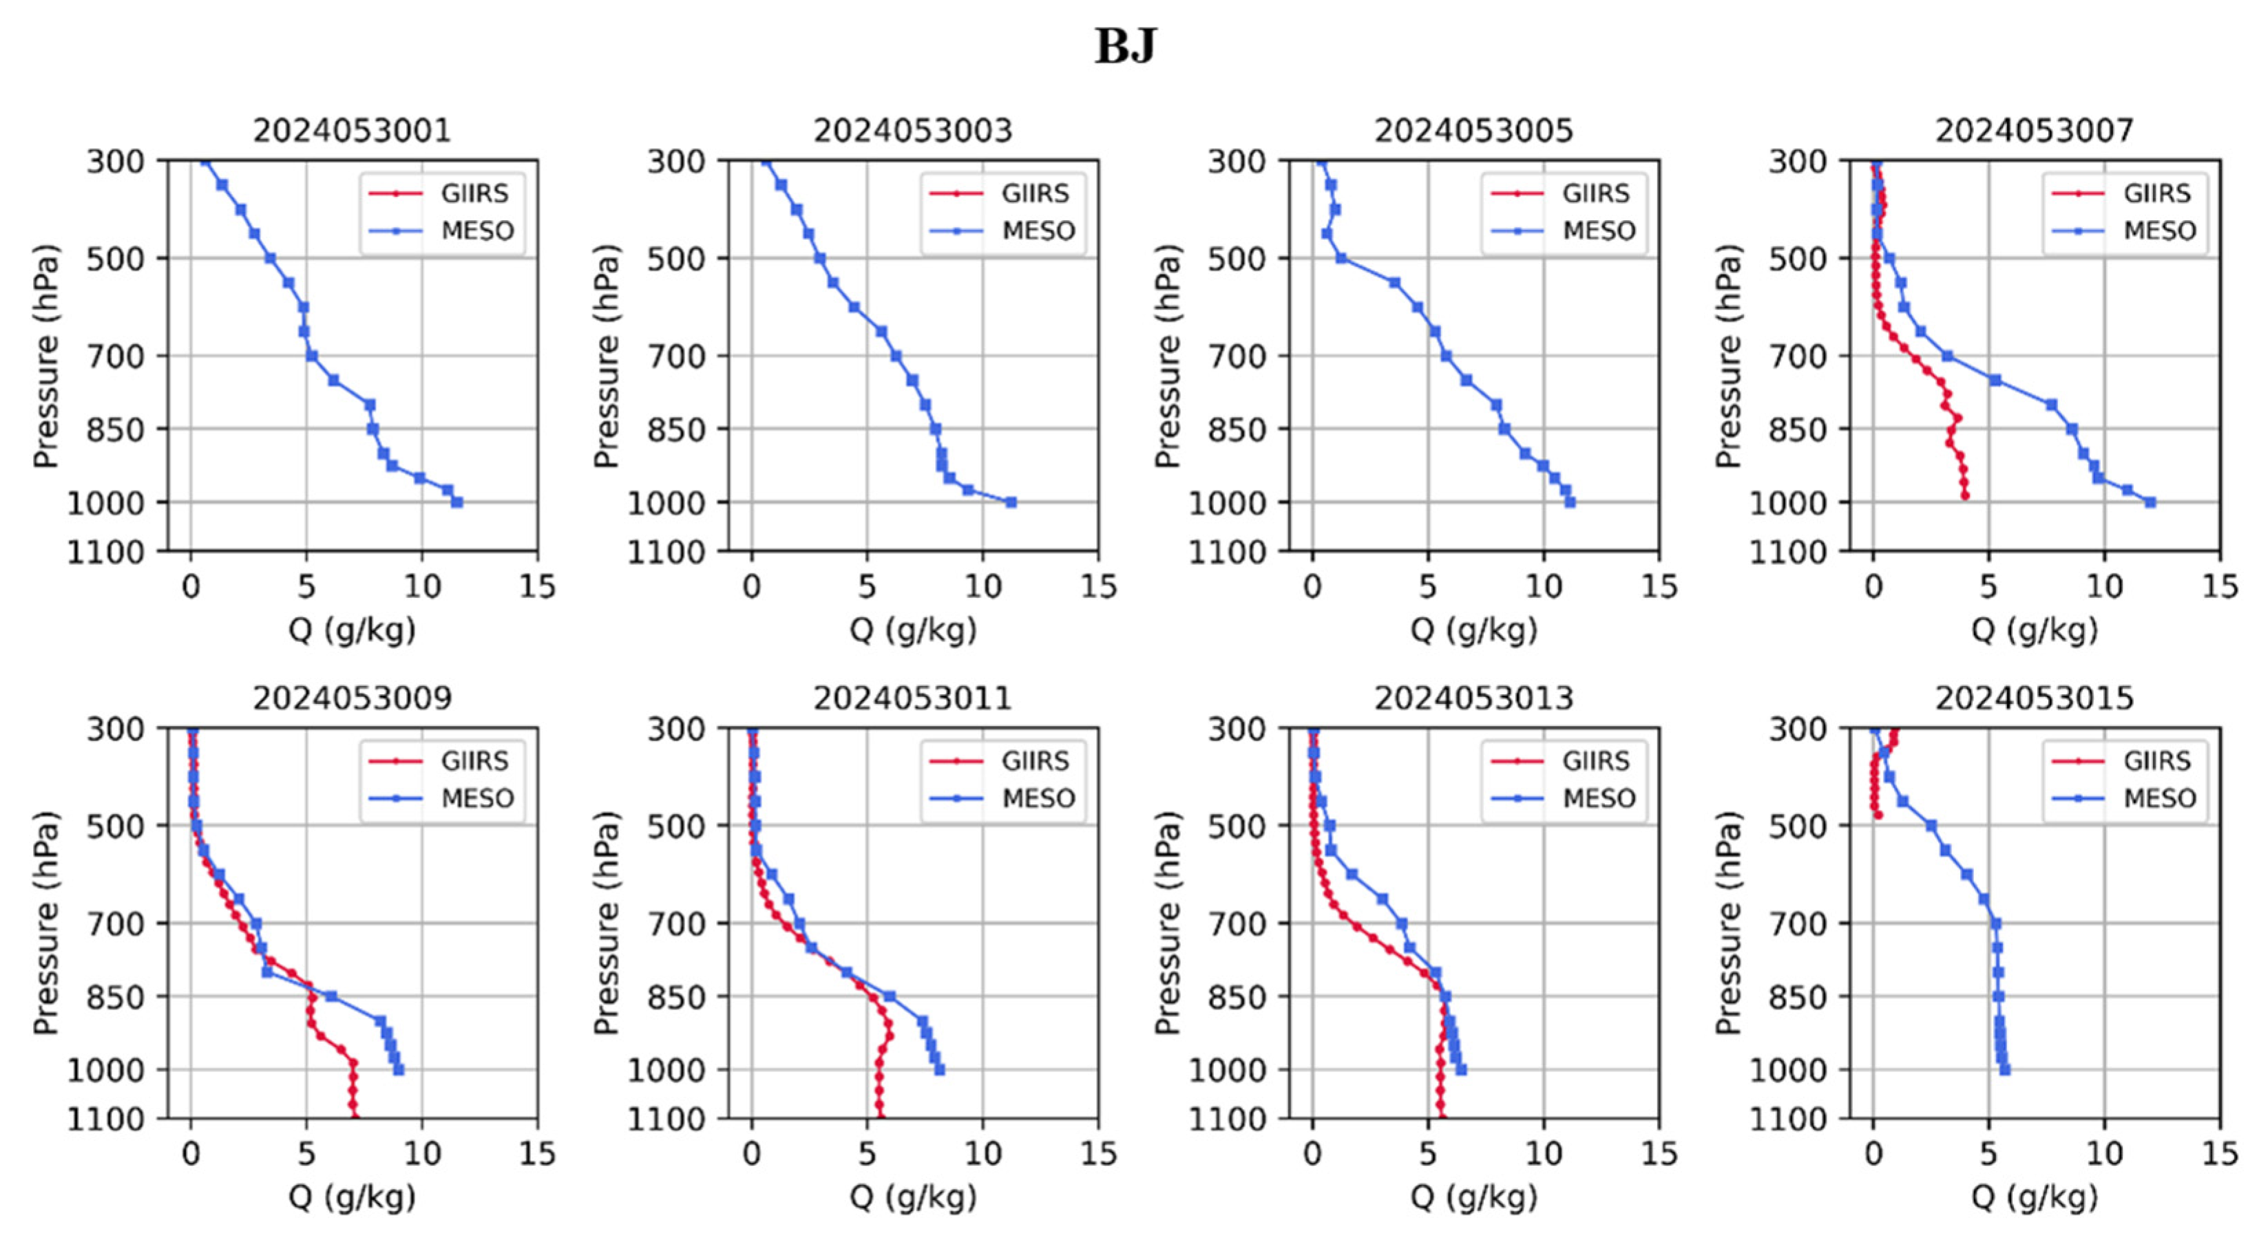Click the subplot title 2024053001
point(352,131)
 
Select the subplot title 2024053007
point(2034,131)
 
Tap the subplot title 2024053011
point(912,698)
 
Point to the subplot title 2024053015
point(2034,698)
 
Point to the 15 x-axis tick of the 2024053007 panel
point(2220,586)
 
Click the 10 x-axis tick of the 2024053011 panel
point(983,1153)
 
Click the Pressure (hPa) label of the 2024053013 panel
point(1166,922)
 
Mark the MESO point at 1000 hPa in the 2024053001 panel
point(457,502)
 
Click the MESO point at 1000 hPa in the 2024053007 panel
point(2150,502)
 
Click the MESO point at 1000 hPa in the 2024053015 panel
point(2005,1069)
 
